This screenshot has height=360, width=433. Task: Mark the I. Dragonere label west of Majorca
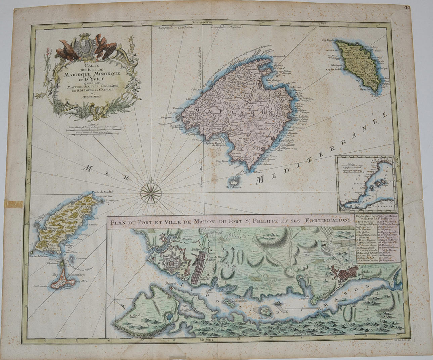click(166, 117)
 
